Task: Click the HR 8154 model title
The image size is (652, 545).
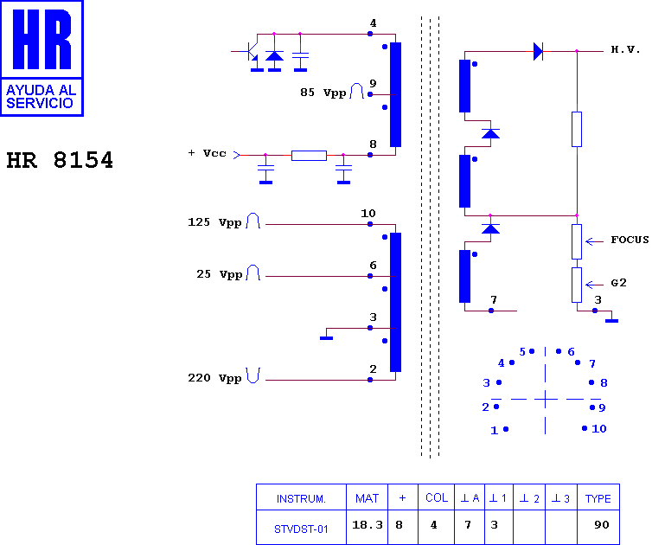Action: pyautogui.click(x=60, y=160)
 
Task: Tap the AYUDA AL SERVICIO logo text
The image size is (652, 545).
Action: pyautogui.click(x=41, y=97)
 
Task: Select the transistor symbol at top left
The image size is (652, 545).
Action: pyautogui.click(x=250, y=52)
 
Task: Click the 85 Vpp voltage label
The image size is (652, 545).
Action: pyautogui.click(x=323, y=93)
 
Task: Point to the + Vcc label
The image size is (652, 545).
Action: pyautogui.click(x=207, y=153)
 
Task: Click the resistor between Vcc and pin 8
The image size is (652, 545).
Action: pyautogui.click(x=309, y=156)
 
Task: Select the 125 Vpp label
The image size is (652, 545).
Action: pyautogui.click(x=214, y=222)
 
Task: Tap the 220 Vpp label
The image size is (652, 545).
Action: pyautogui.click(x=214, y=378)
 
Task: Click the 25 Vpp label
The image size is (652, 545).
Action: pyautogui.click(x=219, y=274)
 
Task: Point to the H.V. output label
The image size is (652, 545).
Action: pyautogui.click(x=625, y=49)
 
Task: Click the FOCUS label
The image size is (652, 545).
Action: pyautogui.click(x=630, y=240)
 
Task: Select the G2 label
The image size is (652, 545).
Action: pyautogui.click(x=618, y=283)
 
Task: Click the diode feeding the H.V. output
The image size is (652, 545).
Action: pyautogui.click(x=538, y=51)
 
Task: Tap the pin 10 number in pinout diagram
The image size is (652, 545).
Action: pyautogui.click(x=598, y=428)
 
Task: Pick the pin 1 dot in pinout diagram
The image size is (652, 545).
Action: pyautogui.click(x=506, y=429)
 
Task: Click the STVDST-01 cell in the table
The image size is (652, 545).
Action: pyautogui.click(x=301, y=529)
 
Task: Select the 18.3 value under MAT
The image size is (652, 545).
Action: pyautogui.click(x=368, y=525)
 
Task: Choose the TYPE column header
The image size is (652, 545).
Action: pyautogui.click(x=598, y=498)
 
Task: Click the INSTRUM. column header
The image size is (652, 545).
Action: pyautogui.click(x=301, y=498)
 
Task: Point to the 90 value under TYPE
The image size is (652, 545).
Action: pyautogui.click(x=602, y=525)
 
